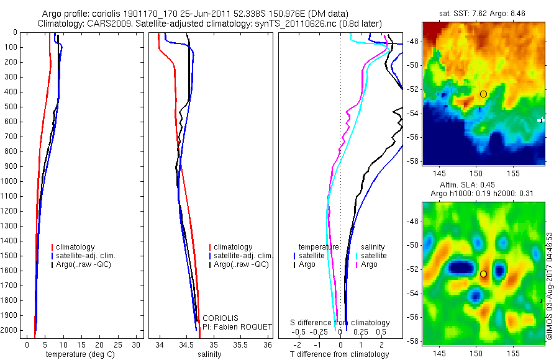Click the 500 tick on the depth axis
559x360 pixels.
coord(12,107)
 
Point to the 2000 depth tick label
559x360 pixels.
coord(11,330)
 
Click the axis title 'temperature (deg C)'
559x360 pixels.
coord(78,354)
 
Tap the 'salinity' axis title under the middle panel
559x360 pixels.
coord(209,354)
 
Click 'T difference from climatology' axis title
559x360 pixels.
coord(339,354)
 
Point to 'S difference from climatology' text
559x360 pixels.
coord(340,323)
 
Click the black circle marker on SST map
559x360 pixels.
coord(483,94)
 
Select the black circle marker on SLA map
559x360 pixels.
coord(483,274)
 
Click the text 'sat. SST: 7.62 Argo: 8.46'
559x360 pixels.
coord(483,13)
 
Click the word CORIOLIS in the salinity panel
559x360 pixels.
coord(220,318)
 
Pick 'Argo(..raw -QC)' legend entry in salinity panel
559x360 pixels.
coord(240,264)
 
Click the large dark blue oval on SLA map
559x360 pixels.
coord(461,268)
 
